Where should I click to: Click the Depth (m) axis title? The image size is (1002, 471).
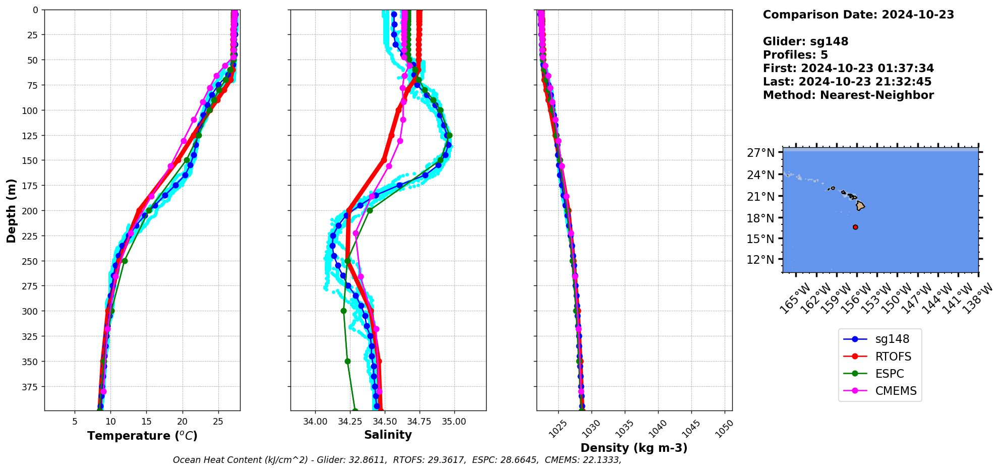(11, 210)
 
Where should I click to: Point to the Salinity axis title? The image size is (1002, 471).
(388, 435)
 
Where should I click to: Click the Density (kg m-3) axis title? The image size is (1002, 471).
(634, 448)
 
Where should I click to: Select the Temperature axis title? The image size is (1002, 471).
(142, 436)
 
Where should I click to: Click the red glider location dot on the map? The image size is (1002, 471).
(855, 227)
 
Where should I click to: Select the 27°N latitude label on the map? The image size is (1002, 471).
(760, 153)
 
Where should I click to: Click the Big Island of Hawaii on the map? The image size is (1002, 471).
(860, 206)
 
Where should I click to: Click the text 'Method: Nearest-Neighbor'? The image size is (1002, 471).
(848, 95)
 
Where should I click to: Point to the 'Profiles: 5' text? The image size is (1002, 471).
(795, 55)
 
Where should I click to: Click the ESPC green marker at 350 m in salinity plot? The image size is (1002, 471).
(347, 361)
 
